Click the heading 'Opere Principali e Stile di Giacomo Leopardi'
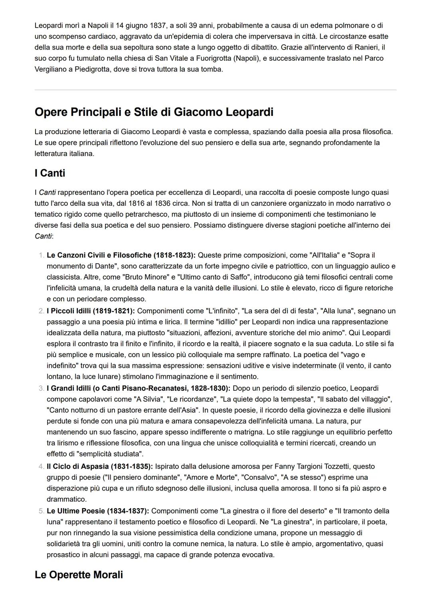(154, 112)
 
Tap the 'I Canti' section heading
(50, 173)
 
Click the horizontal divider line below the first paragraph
(215, 90)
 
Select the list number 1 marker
(42, 255)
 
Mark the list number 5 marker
(42, 511)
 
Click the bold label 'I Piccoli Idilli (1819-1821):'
(91, 311)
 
